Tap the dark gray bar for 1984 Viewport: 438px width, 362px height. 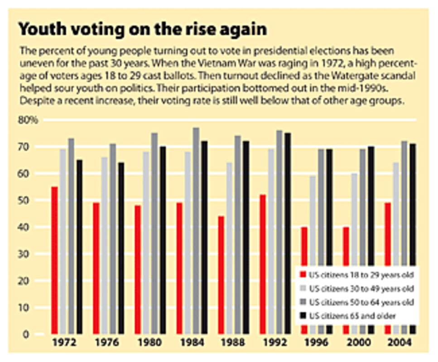(196, 231)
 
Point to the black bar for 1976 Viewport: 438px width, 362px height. (121, 248)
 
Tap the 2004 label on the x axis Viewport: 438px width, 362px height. (400, 343)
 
